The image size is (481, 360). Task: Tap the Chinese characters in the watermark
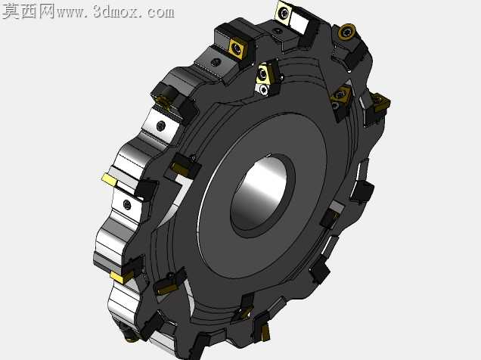point(28,11)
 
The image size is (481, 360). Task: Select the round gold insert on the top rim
point(347,32)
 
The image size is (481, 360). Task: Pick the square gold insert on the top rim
point(238,48)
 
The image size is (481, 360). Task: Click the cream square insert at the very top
point(284,13)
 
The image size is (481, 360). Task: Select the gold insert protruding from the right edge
point(380,102)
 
